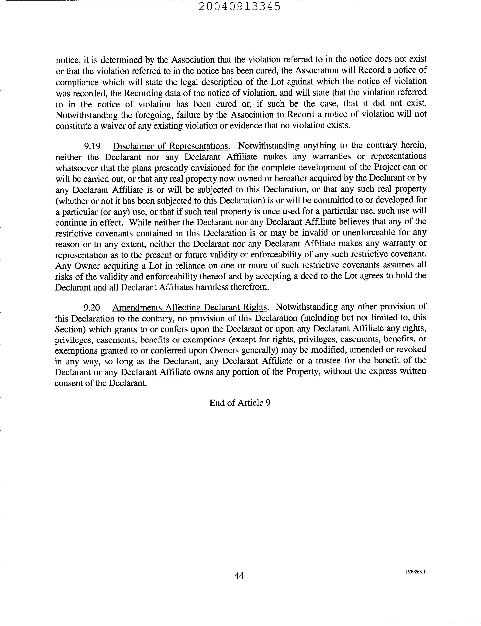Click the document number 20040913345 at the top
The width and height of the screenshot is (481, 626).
pyautogui.click(x=240, y=6)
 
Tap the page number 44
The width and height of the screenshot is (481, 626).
pyautogui.click(x=239, y=576)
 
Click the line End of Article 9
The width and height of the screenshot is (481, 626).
pyautogui.click(x=240, y=403)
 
